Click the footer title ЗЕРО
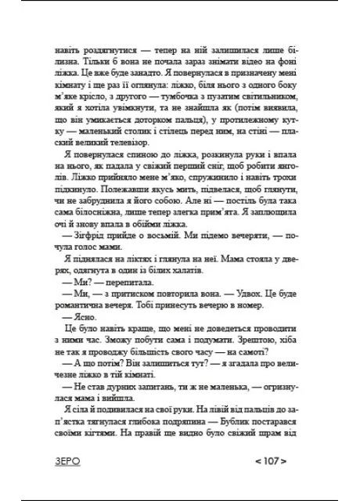point(63,463)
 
